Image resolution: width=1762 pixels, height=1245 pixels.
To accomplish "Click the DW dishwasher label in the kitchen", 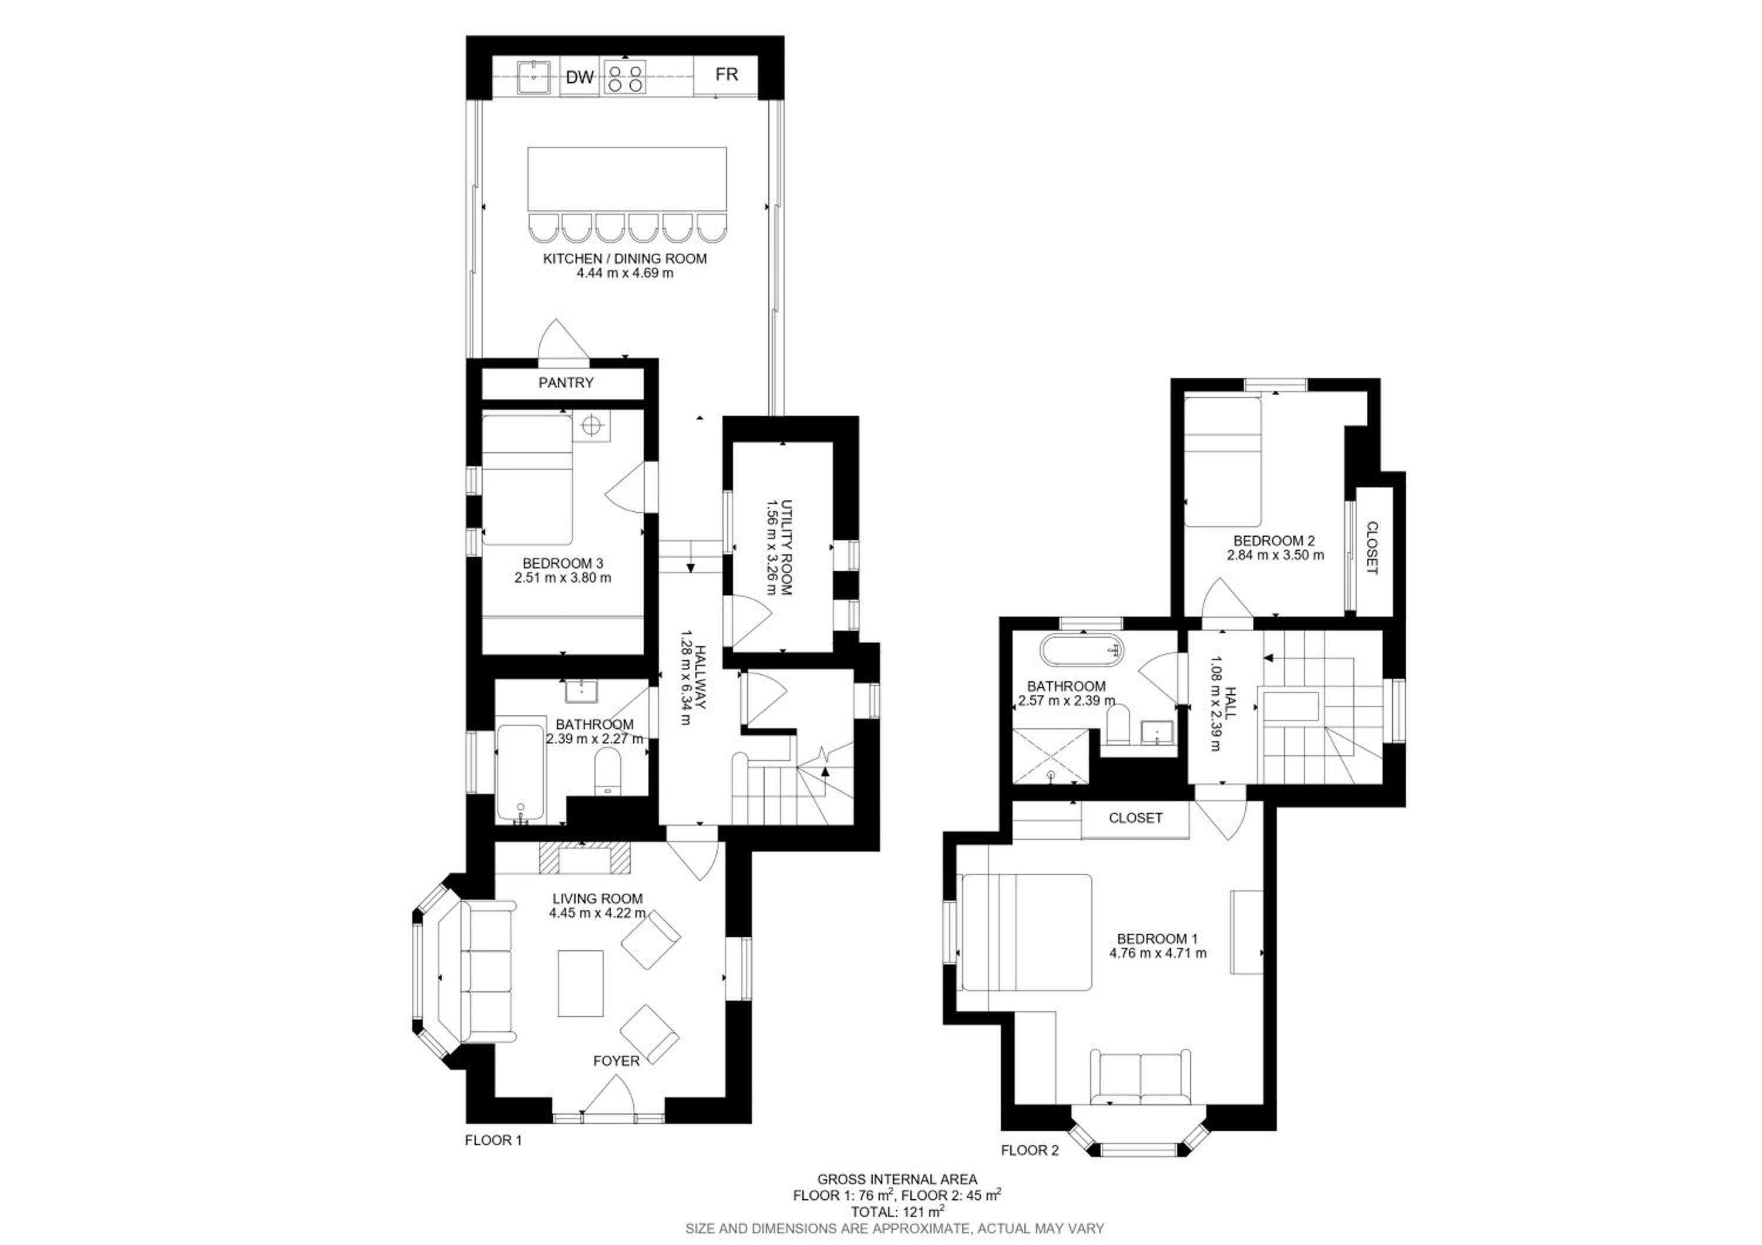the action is pyautogui.click(x=580, y=78).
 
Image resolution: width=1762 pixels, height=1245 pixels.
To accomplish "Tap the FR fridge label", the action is pyautogui.click(x=726, y=75).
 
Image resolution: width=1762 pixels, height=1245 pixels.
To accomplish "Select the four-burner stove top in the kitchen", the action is pyautogui.click(x=625, y=78).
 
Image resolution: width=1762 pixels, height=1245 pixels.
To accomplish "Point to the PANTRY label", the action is pyautogui.click(x=566, y=383).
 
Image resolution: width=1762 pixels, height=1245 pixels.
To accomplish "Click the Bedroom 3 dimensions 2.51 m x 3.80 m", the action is pyautogui.click(x=563, y=578).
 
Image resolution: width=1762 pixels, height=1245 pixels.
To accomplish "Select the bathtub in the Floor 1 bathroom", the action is pyautogui.click(x=521, y=772).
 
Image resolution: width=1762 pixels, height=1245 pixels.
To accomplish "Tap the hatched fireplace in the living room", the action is pyautogui.click(x=585, y=857).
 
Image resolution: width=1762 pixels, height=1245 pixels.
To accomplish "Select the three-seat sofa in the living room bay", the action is pyautogui.click(x=488, y=973).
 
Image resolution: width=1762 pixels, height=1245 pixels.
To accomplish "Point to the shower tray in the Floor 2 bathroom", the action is pyautogui.click(x=1051, y=756).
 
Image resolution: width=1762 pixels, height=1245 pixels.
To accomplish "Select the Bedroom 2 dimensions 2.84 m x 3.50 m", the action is pyautogui.click(x=1276, y=554).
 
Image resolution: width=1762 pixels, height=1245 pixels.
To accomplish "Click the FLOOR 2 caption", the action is pyautogui.click(x=1030, y=1172).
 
